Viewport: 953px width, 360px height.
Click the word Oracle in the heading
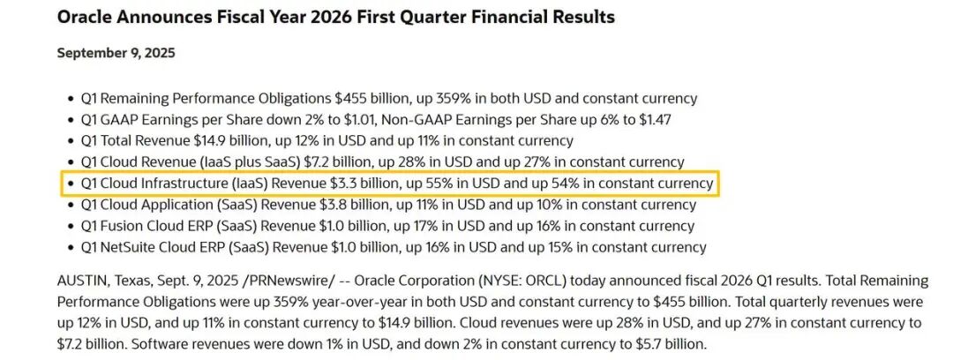click(x=86, y=17)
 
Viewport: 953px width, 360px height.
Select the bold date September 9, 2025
click(x=116, y=53)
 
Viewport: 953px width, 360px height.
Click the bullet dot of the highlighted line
click(x=71, y=184)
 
